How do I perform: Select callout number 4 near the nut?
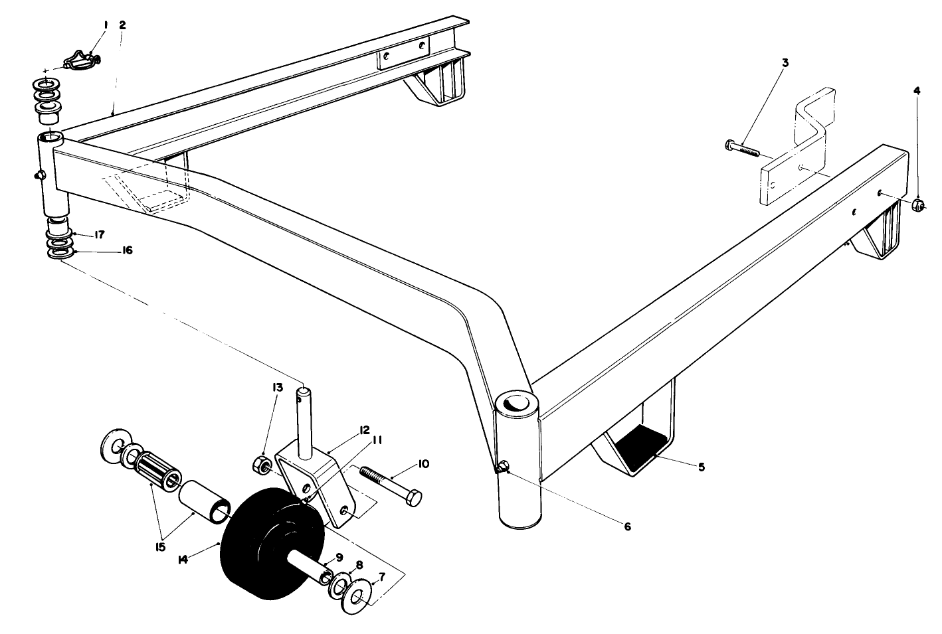[x=917, y=91]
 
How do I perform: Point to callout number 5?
[x=701, y=467]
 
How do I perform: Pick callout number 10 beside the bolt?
[x=424, y=463]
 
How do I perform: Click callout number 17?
[x=99, y=234]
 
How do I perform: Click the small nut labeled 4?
[x=917, y=205]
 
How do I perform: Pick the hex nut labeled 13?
[x=261, y=464]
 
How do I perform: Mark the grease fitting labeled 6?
[x=502, y=468]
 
